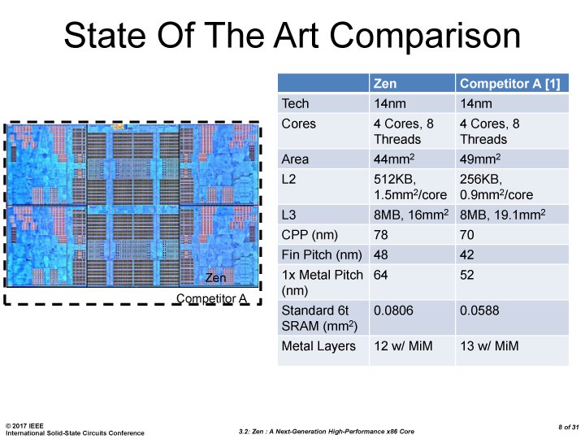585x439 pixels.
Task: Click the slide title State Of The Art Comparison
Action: (292, 37)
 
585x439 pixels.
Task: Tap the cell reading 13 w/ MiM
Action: (491, 346)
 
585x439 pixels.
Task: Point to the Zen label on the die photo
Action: (214, 278)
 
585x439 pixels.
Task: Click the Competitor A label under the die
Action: (212, 299)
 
